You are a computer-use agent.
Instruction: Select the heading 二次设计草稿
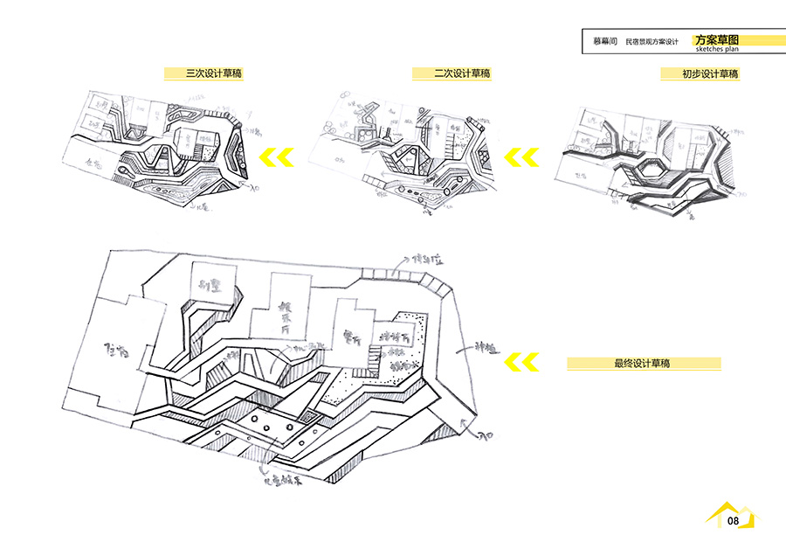[462, 74]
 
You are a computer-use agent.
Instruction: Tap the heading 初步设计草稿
[710, 74]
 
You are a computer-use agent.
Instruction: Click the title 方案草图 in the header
[717, 40]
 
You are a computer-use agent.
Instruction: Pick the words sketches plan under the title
[717, 50]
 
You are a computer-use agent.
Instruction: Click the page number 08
[733, 522]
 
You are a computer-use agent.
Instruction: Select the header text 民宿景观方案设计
[652, 41]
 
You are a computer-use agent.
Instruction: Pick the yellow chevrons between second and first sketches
[522, 157]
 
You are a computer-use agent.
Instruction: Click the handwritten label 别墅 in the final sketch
[209, 283]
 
